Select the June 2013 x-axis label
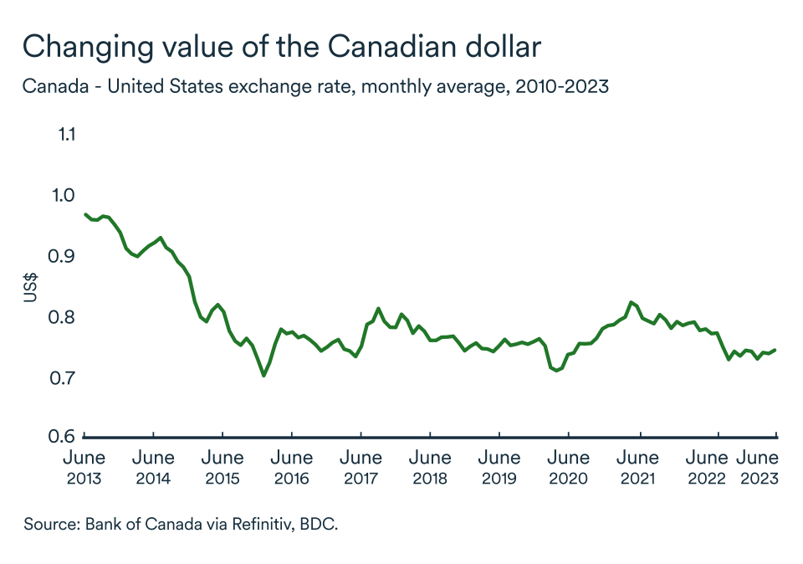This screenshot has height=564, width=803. (x=84, y=468)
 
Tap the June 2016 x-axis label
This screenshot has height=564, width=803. (x=291, y=468)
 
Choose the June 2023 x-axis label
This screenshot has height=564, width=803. (x=758, y=468)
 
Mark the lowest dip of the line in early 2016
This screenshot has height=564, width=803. (x=264, y=376)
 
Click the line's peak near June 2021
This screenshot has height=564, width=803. (x=631, y=302)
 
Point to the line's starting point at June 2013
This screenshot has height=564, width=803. (x=86, y=214)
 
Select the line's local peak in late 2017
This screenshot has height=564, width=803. (x=378, y=309)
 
